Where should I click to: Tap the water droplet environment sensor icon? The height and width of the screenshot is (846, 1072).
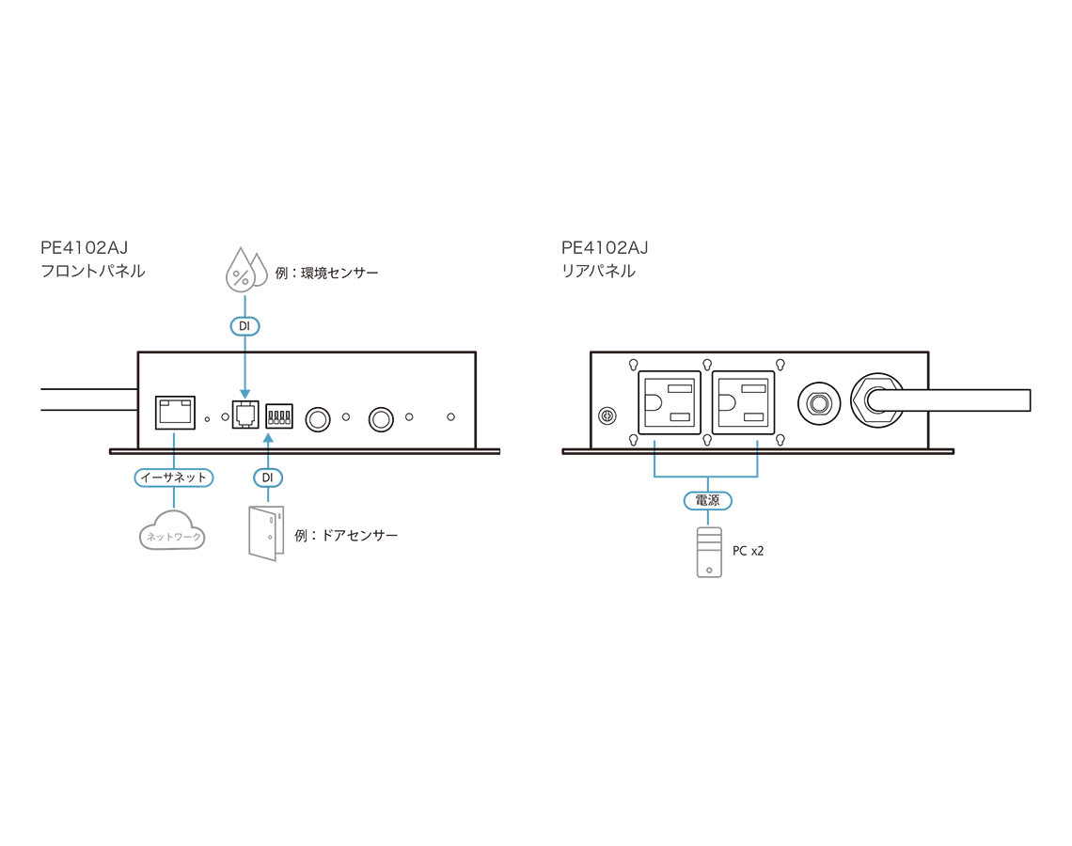click(243, 270)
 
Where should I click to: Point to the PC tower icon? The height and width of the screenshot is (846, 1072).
click(708, 552)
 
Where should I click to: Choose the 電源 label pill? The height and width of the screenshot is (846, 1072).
click(707, 501)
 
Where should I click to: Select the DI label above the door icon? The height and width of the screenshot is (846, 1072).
click(268, 478)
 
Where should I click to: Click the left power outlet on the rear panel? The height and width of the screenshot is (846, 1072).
click(670, 402)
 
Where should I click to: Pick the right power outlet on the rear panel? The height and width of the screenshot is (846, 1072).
click(743, 402)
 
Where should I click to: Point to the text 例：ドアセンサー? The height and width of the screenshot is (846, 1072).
click(346, 535)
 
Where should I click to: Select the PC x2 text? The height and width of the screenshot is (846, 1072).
click(748, 551)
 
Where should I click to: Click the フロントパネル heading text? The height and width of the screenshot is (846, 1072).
click(92, 272)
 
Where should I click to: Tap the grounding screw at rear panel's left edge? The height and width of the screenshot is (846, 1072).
click(607, 415)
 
